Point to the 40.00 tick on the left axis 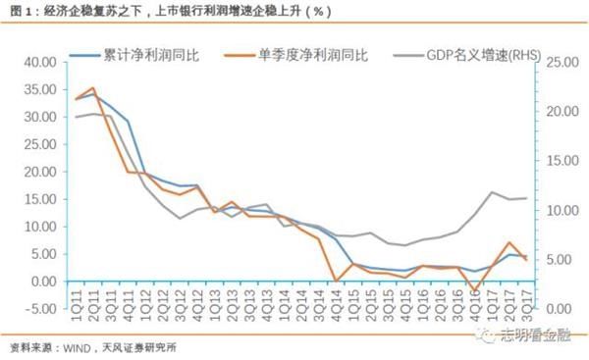(42, 62)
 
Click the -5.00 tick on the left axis (42, 309)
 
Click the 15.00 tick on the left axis (42, 199)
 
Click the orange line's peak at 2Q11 (92, 88)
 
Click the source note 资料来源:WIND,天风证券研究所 (93, 347)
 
